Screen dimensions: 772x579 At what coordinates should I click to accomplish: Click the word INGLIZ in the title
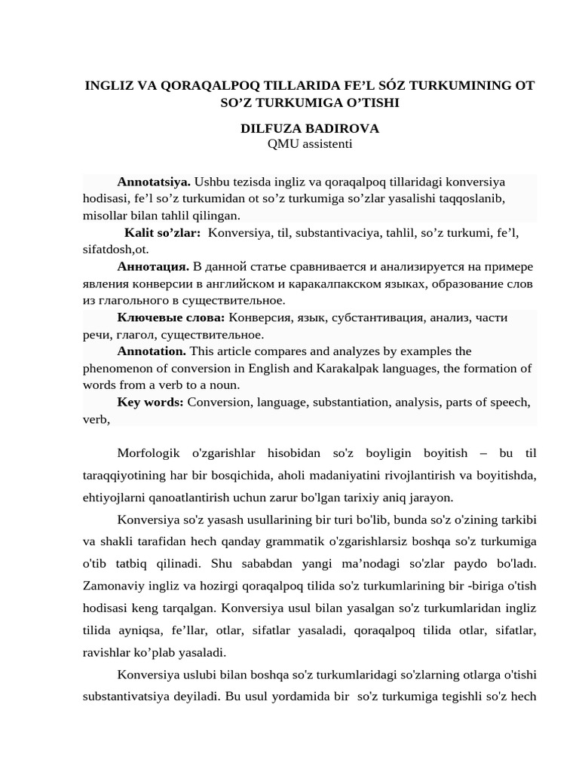tap(106, 86)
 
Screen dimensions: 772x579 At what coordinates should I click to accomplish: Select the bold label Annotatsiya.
tap(154, 182)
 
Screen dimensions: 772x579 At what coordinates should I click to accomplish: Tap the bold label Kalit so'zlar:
tap(163, 233)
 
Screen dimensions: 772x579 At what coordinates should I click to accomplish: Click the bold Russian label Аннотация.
tap(153, 266)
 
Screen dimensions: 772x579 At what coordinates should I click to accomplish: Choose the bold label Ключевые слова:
tap(171, 317)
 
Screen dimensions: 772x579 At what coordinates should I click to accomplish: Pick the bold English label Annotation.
tap(152, 351)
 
